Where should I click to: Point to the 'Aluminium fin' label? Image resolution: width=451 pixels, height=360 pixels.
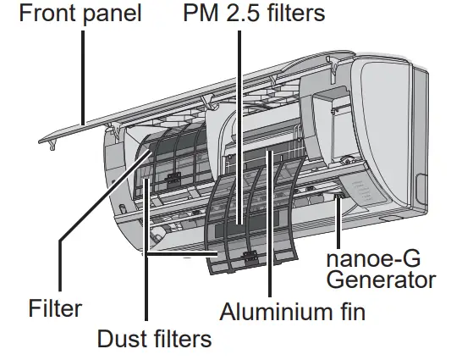click(x=293, y=311)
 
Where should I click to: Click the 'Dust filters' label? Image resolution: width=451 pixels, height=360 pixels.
click(x=153, y=340)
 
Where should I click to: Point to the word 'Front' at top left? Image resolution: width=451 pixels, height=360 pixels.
click(x=35, y=14)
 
